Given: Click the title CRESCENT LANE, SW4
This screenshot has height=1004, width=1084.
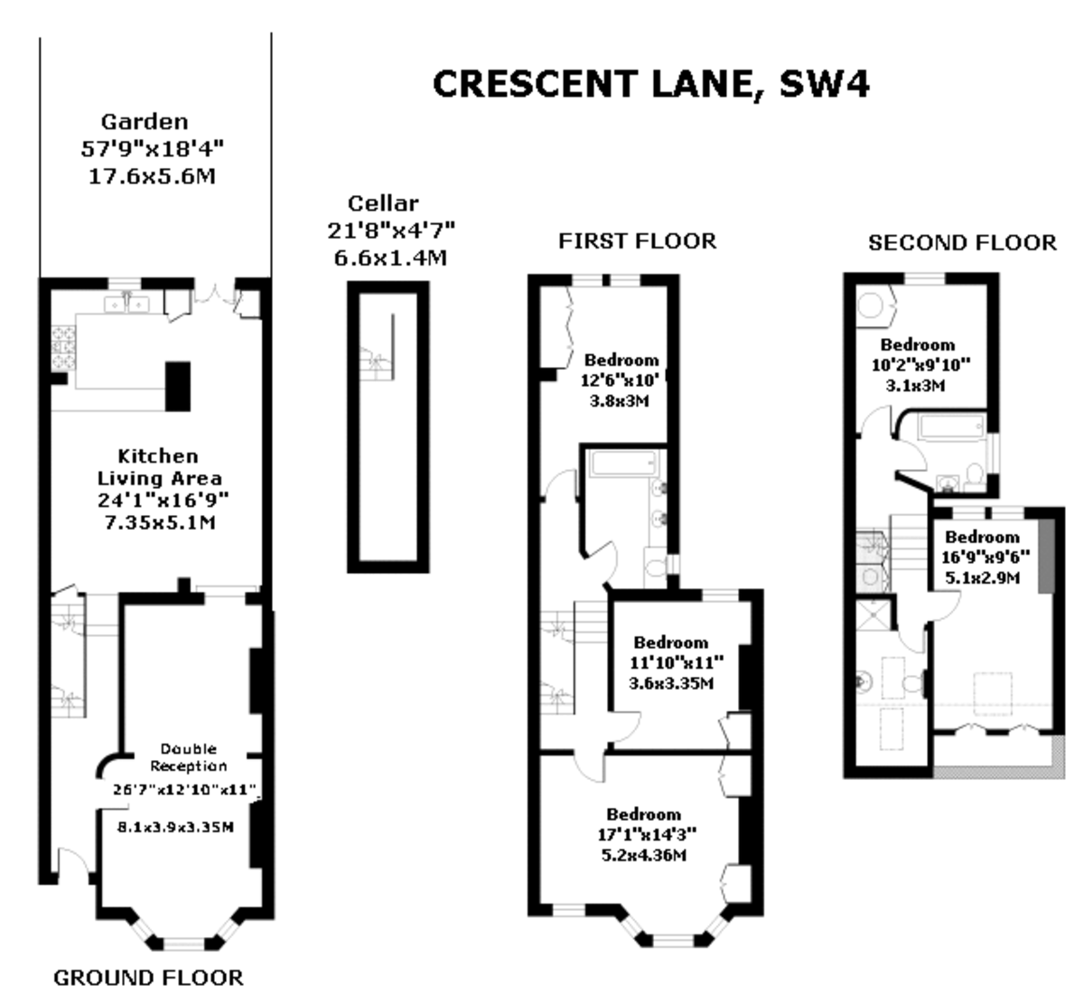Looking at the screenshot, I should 650,84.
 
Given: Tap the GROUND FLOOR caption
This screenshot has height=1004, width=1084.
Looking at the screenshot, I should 148,977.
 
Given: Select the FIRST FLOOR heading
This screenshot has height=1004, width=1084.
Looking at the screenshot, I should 637,240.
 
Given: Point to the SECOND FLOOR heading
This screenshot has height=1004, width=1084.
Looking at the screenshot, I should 961,242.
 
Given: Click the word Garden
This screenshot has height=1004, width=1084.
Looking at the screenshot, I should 145,121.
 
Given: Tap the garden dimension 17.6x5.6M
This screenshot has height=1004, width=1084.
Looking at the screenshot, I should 151,175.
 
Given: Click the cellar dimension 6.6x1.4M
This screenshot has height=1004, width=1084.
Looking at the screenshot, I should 390,258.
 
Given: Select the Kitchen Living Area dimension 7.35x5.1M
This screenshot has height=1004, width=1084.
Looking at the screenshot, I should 157,522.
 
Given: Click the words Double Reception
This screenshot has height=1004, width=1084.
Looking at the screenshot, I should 189,757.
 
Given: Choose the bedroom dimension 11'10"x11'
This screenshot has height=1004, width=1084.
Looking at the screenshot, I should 669,662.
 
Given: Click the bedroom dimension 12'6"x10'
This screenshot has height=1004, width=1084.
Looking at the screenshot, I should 621,380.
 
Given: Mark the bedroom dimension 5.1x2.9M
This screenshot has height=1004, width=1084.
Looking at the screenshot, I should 981,577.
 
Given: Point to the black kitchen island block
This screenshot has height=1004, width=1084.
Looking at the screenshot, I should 178,386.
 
